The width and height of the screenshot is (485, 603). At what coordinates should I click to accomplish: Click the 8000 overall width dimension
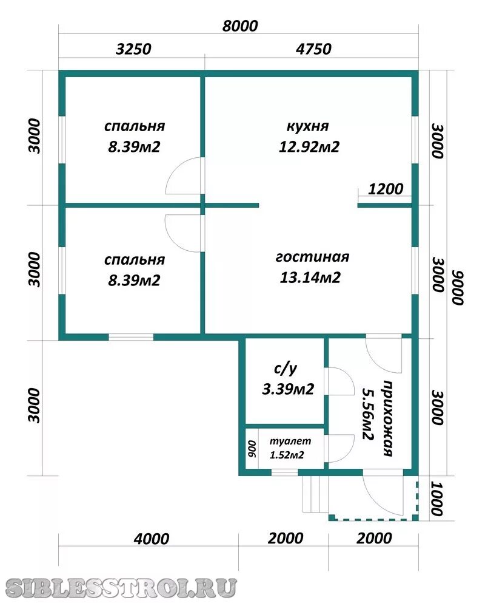pyautogui.click(x=240, y=26)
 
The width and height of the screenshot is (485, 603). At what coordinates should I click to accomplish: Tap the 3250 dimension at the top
pyautogui.click(x=133, y=49)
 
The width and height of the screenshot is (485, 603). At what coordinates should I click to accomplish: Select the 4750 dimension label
pyautogui.click(x=313, y=49)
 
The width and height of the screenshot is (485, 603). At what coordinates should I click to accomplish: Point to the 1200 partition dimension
pyautogui.click(x=386, y=189)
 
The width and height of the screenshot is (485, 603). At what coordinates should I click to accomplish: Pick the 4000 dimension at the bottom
pyautogui.click(x=152, y=539)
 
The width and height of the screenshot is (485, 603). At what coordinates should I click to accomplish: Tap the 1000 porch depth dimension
pyautogui.click(x=436, y=499)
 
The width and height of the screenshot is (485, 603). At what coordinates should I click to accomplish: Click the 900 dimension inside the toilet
pyautogui.click(x=252, y=449)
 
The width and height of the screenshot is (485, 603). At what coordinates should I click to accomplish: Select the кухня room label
pyautogui.click(x=307, y=126)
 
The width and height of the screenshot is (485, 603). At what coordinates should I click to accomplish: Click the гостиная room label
pyautogui.click(x=312, y=256)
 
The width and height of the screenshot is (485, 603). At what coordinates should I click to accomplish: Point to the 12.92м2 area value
pyautogui.click(x=309, y=146)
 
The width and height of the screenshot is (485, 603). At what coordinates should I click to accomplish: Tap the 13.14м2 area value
pyautogui.click(x=310, y=278)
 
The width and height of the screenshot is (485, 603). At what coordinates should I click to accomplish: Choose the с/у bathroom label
pyautogui.click(x=286, y=369)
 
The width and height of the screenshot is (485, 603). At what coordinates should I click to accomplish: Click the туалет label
pyautogui.click(x=290, y=441)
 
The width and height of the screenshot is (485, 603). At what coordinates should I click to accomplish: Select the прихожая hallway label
pyautogui.click(x=388, y=418)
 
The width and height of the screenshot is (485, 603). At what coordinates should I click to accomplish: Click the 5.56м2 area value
pyautogui.click(x=368, y=414)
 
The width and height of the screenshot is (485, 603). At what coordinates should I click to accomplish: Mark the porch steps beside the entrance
pyautogui.click(x=315, y=494)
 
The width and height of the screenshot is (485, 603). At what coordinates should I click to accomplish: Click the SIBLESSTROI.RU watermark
pyautogui.click(x=121, y=588)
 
